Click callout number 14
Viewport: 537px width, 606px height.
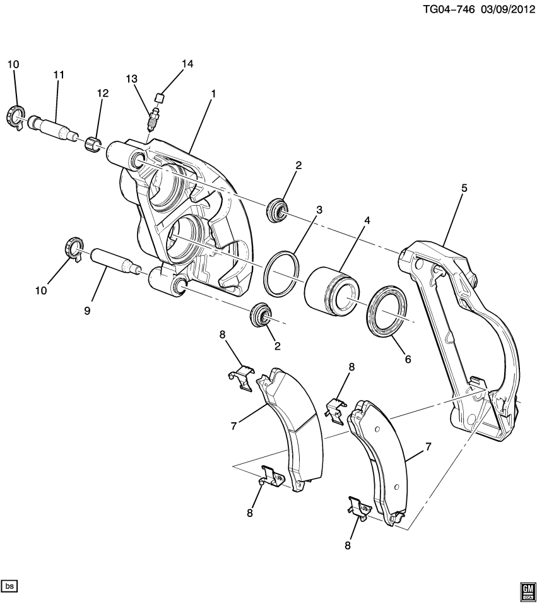coord(187,64)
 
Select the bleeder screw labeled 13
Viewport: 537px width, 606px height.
coord(151,118)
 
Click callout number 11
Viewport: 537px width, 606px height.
coord(59,75)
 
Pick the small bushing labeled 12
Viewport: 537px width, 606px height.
coord(94,145)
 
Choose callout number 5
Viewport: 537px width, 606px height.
coord(464,188)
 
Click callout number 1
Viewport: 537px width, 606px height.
coord(213,93)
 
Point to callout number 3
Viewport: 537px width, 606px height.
coord(319,209)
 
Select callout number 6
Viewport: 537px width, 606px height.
coord(408,359)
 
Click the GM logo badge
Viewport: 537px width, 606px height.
coord(527,590)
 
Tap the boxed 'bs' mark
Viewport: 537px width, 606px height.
coord(9,586)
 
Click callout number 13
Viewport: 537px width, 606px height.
coord(131,79)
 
